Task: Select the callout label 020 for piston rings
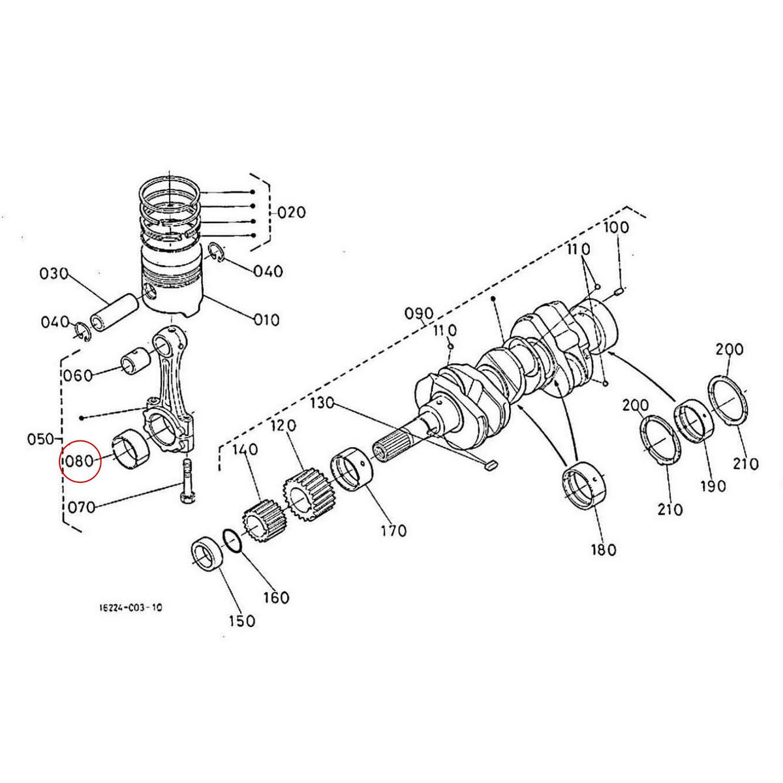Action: [291, 213]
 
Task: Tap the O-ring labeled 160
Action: [233, 541]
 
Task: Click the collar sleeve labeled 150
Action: [207, 555]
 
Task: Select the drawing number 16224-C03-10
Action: [130, 607]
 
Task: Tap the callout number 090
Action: [419, 313]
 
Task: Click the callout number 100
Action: [615, 228]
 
